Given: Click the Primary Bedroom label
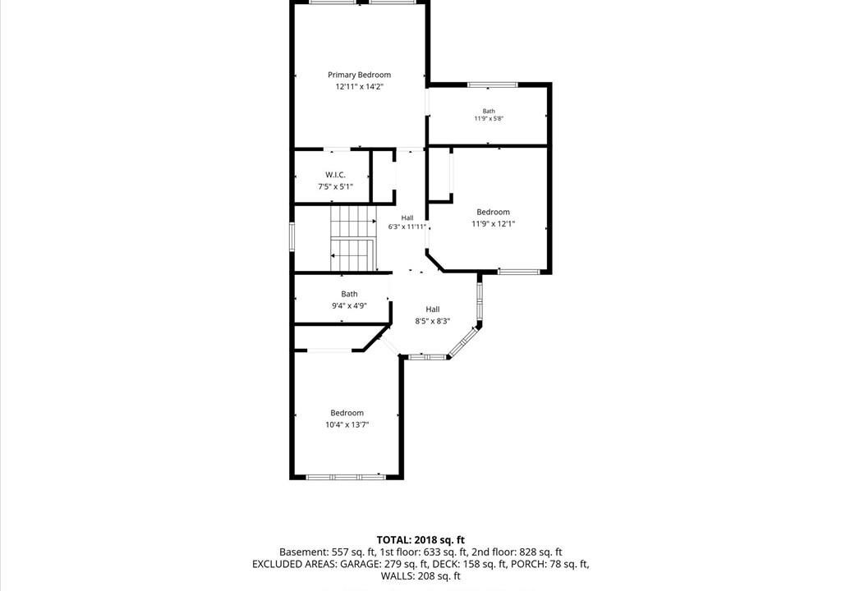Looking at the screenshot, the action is tap(360, 75).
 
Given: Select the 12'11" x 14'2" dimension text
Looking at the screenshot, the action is tap(360, 87).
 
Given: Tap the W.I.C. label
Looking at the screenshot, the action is tap(335, 175).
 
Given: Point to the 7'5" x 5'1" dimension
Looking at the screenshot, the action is tap(335, 186).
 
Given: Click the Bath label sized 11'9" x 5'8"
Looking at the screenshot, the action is tap(489, 111).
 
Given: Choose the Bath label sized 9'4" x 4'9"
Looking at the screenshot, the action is tap(349, 294).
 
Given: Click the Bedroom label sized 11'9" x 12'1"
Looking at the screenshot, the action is tap(493, 212).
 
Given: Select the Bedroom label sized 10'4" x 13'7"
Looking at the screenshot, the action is tap(347, 413).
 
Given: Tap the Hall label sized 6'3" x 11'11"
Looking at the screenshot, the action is tap(407, 218).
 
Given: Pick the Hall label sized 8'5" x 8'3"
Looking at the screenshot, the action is tap(433, 309).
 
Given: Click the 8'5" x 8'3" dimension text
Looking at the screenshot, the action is tap(432, 321).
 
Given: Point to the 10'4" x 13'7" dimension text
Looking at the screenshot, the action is tap(347, 424).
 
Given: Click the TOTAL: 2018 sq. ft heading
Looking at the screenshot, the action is tap(420, 540).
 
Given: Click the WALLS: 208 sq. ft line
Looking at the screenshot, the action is tap(420, 576).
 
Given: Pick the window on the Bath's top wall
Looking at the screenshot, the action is tap(493, 85).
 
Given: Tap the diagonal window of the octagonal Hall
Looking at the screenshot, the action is tap(462, 341).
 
